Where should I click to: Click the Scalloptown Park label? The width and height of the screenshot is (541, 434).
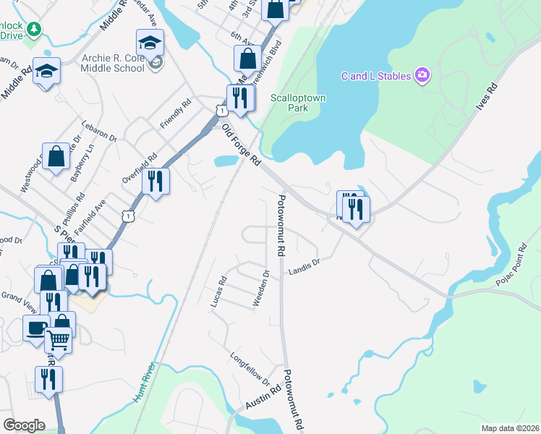[289, 103]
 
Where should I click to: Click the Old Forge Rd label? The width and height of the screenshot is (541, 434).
[241, 146]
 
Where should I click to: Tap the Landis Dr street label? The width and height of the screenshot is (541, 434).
[304, 268]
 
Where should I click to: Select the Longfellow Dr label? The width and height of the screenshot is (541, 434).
[250, 367]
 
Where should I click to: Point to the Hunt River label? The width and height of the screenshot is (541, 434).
[144, 382]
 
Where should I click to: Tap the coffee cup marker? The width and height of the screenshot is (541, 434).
[35, 326]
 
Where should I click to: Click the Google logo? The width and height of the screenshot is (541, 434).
[25, 425]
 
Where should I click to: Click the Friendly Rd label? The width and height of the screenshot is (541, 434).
[175, 114]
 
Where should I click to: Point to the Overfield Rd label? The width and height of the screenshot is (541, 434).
[140, 168]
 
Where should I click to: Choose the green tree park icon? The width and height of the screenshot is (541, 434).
[33, 28]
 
